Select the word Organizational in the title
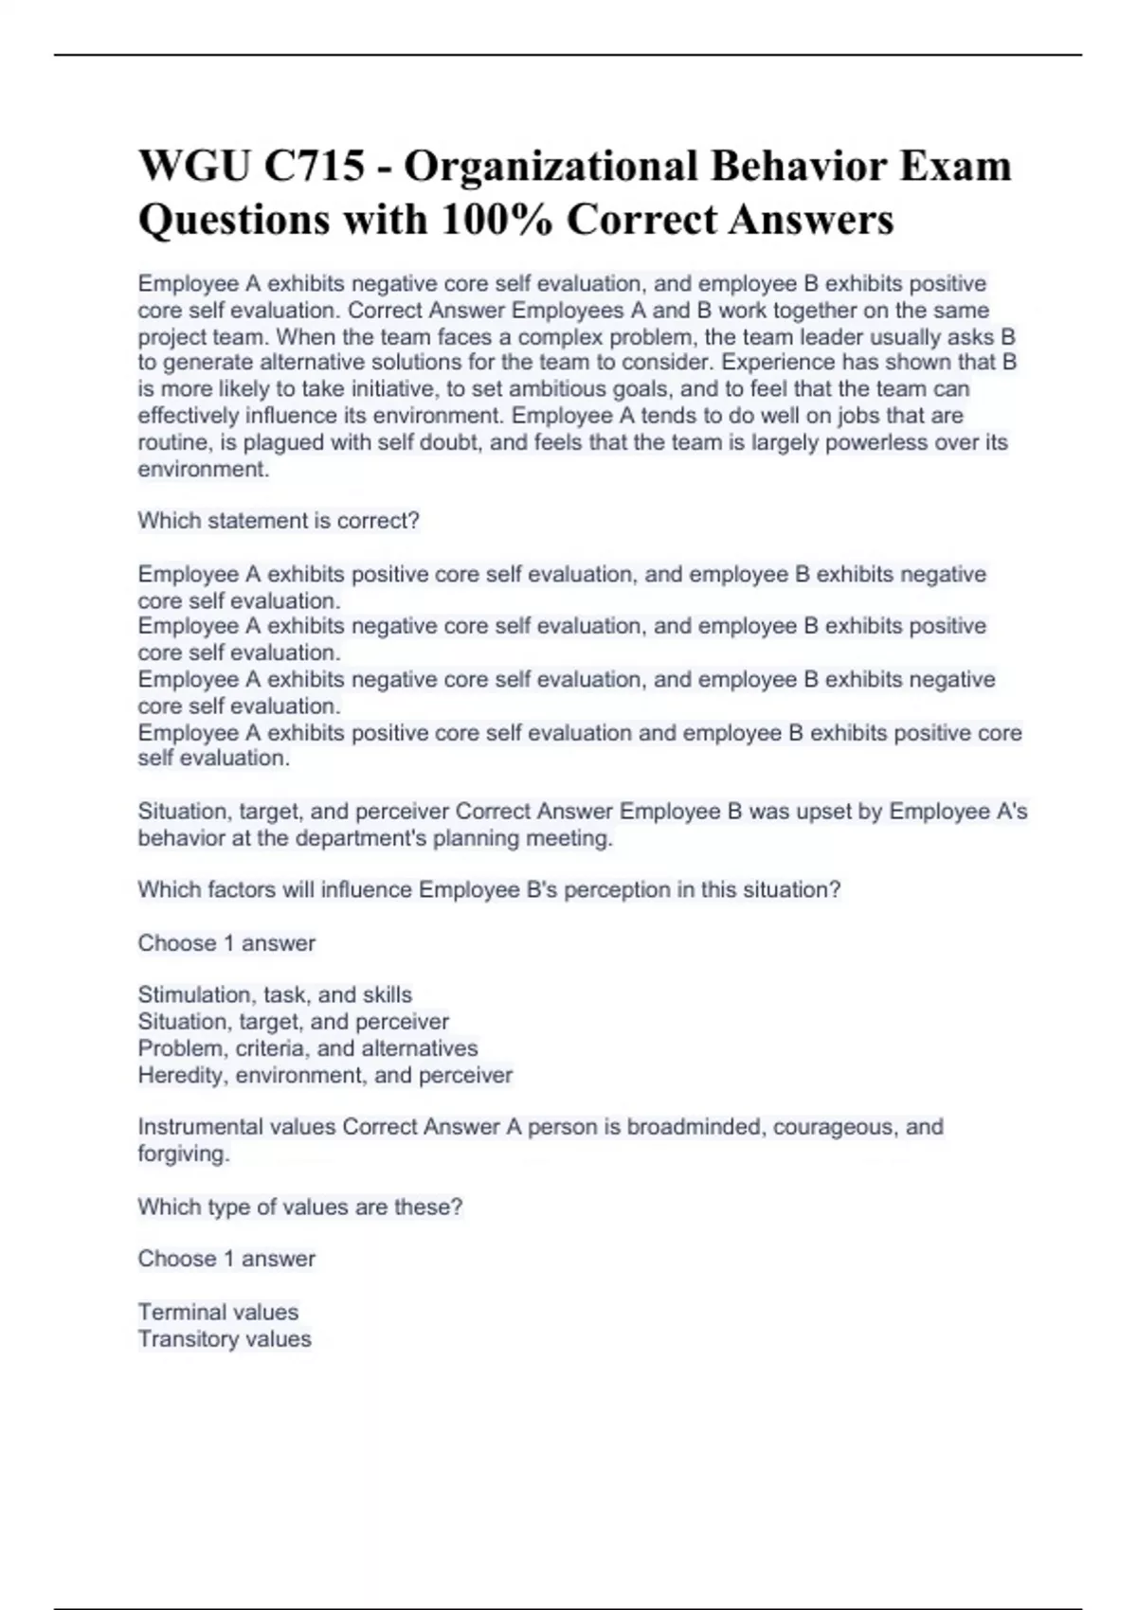click(x=550, y=167)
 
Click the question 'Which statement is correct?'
click(x=279, y=521)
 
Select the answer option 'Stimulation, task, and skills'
click(x=275, y=995)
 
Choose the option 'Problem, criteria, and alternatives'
click(x=308, y=1048)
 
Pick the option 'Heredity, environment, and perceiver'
click(x=325, y=1075)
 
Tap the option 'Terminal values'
click(x=218, y=1312)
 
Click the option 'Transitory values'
click(x=225, y=1339)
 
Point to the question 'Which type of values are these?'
click(x=300, y=1207)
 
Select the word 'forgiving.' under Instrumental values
click(x=184, y=1154)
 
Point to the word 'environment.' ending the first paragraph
click(x=204, y=470)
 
